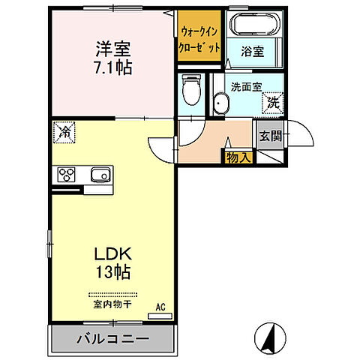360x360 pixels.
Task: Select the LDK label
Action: click(111, 254)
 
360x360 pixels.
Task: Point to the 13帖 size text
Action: click(112, 272)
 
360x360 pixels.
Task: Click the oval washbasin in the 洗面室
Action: click(220, 103)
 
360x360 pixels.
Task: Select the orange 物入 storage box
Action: click(238, 157)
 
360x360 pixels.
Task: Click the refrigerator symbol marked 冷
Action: click(64, 133)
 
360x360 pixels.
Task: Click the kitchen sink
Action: click(99, 175)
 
